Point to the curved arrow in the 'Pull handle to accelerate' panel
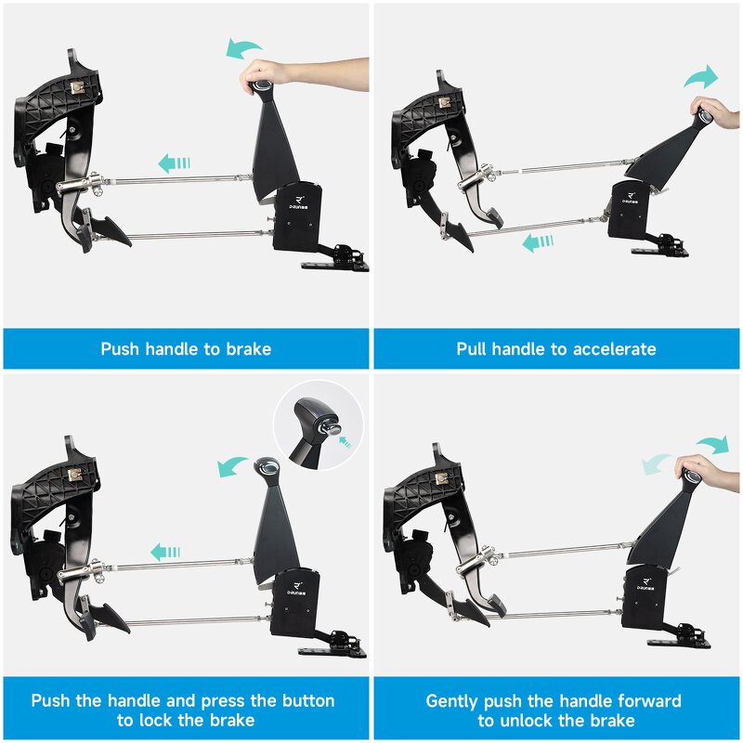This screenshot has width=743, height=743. tap(701, 77)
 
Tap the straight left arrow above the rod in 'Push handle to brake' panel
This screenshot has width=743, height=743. tap(174, 163)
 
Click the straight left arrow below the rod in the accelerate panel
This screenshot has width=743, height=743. tap(538, 242)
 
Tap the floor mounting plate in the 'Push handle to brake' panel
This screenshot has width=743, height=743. tap(334, 265)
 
